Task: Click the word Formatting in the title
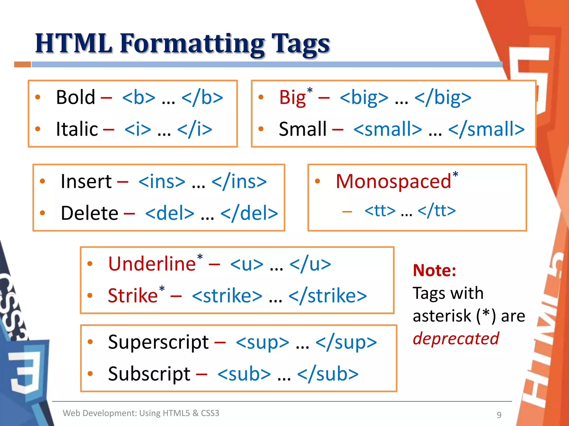pyautogui.click(x=192, y=44)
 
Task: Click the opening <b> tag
pyautogui.click(x=139, y=98)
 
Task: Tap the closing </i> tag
pyautogui.click(x=194, y=129)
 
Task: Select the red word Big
pyautogui.click(x=292, y=98)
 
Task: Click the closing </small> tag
pyautogui.click(x=486, y=129)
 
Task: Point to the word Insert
pyautogui.click(x=86, y=181)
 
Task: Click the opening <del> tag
pyautogui.click(x=169, y=213)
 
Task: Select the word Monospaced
pyautogui.click(x=393, y=181)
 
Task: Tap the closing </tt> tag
pyautogui.click(x=436, y=211)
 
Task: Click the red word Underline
pyautogui.click(x=152, y=264)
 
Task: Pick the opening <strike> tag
pyautogui.click(x=227, y=296)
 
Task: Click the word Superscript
pyautogui.click(x=158, y=342)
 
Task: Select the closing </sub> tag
pyautogui.click(x=328, y=374)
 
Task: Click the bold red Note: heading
pyautogui.click(x=434, y=270)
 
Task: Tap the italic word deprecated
pyautogui.click(x=456, y=339)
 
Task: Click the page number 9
pyautogui.click(x=499, y=415)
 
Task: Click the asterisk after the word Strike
pyautogui.click(x=162, y=289)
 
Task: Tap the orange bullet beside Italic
pyautogui.click(x=38, y=129)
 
